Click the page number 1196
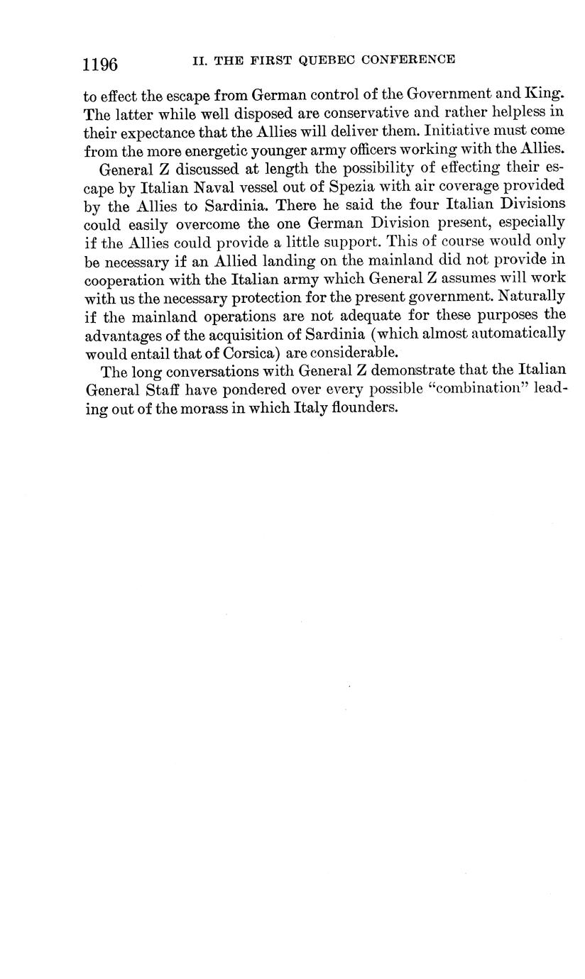(100, 65)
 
